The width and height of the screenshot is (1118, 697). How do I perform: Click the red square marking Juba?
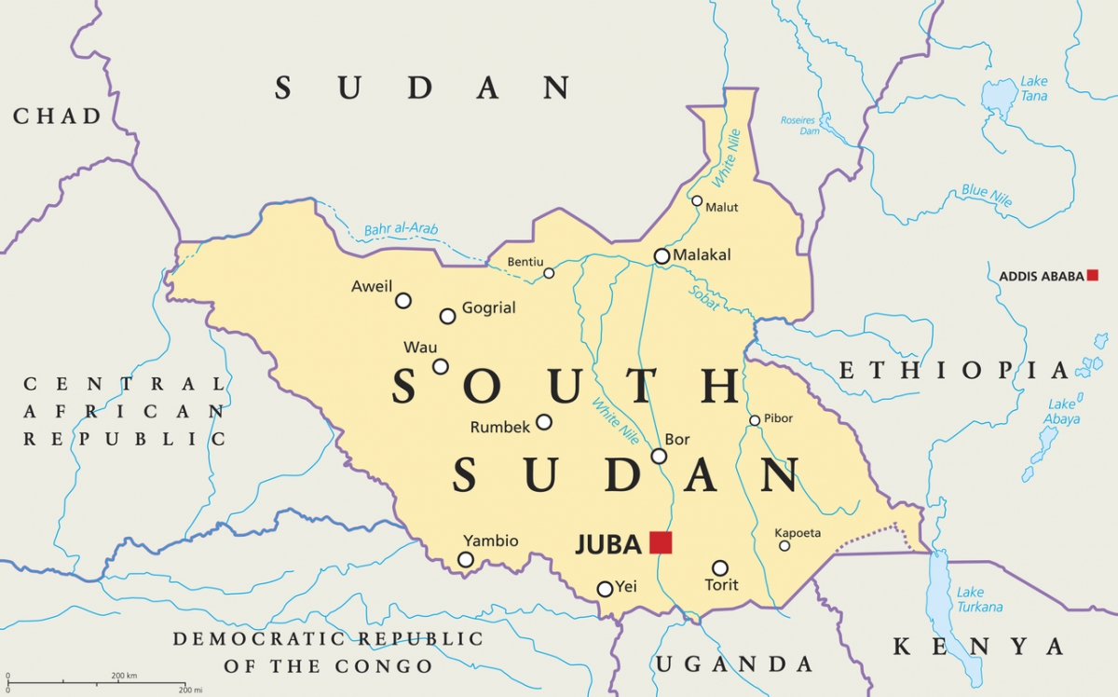[661, 542]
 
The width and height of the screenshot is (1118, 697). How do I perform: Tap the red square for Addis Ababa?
[1092, 275]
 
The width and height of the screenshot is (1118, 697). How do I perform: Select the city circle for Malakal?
[661, 255]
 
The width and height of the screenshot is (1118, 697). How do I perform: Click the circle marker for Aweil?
[403, 300]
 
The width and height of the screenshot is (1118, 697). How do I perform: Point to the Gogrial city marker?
[447, 316]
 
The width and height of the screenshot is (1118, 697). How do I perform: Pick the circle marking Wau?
[440, 366]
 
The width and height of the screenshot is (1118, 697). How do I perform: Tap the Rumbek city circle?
[544, 422]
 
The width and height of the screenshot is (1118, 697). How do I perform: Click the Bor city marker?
[659, 456]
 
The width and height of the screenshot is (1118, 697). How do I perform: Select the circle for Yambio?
[466, 559]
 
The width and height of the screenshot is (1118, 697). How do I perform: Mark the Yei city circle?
[605, 589]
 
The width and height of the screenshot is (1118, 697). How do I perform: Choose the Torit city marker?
[720, 567]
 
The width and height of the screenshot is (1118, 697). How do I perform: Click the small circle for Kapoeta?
[784, 545]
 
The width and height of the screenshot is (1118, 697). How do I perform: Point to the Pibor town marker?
[755, 420]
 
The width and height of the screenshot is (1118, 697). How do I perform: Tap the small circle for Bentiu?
[549, 273]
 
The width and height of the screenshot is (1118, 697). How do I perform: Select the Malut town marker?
[697, 200]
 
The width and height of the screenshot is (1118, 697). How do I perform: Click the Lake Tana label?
[1033, 89]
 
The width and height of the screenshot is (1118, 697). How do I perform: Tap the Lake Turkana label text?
[979, 599]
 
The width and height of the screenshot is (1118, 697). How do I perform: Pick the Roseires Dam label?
[798, 126]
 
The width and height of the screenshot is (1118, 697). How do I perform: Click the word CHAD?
[57, 116]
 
